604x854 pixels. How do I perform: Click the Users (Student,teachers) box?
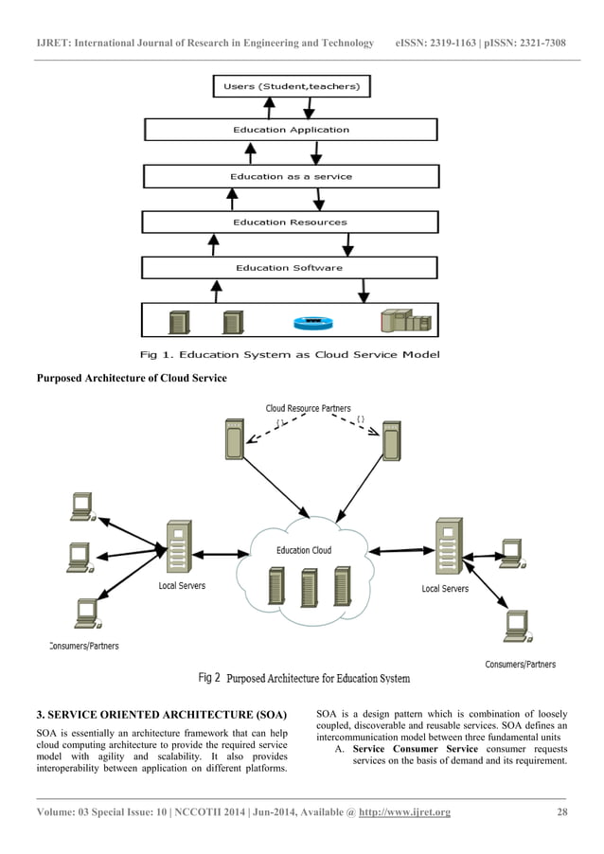291,87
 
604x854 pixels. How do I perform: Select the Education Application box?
291,130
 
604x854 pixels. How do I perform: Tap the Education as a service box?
291,176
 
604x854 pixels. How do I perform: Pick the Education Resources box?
291,222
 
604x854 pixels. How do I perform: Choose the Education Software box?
289,268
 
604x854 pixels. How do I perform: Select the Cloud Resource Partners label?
308,409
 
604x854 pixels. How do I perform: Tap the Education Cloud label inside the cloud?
304,549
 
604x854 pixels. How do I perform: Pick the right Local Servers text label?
444,589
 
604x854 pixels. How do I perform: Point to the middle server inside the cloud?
309,587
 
